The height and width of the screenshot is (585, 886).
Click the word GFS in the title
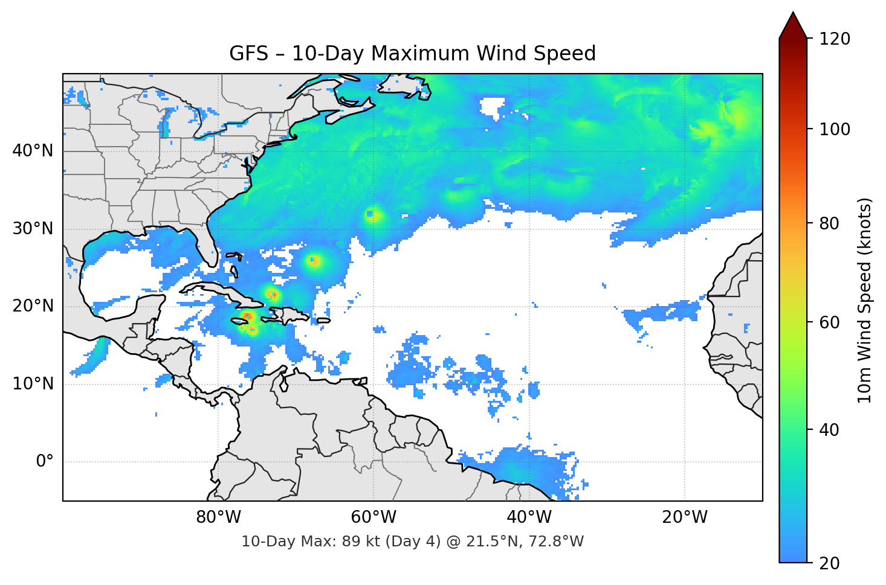pos(248,54)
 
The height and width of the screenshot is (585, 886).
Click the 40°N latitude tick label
pos(33,151)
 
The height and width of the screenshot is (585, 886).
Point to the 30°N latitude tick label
pos(33,229)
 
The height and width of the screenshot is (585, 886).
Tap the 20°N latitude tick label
pos(33,306)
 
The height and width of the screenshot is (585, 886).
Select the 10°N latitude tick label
pos(33,384)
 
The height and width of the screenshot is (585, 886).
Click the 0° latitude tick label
pos(45,462)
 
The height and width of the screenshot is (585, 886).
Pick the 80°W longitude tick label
pos(218,517)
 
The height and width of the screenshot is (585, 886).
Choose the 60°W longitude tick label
pos(373,517)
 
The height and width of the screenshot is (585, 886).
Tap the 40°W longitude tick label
pos(529,517)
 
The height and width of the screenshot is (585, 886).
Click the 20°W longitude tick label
pos(684,517)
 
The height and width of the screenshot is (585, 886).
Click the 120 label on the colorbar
pos(835,39)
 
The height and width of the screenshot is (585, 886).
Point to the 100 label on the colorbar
pos(835,129)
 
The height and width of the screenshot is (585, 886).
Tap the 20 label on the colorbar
pos(829,563)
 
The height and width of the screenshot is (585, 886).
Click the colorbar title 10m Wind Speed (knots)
pos(865,301)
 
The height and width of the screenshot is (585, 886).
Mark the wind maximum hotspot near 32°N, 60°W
pos(373,215)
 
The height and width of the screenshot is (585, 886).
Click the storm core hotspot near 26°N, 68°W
pos(314,261)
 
